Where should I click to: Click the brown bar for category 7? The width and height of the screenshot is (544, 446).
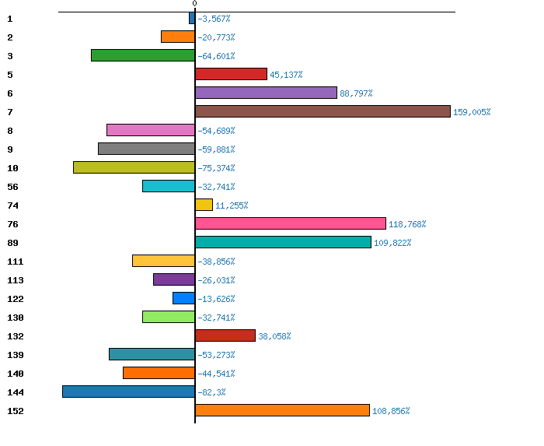tap(323, 111)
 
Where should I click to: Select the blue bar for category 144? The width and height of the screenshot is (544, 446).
tap(128, 392)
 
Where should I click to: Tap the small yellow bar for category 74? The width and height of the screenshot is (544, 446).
tap(204, 205)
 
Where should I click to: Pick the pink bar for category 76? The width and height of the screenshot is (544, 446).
tap(290, 223)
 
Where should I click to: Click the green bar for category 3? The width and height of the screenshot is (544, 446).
tap(143, 55)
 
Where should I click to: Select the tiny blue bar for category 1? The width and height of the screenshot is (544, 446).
tap(192, 18)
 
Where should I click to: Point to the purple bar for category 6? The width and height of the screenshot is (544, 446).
tap(266, 93)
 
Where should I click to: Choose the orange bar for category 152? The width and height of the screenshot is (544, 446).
tap(282, 410)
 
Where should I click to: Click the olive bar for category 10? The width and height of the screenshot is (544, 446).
tap(134, 167)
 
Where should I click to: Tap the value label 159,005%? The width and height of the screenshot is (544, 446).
tap(472, 112)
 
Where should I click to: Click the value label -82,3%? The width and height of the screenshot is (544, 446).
tap(211, 392)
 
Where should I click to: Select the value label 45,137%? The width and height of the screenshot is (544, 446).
tap(286, 75)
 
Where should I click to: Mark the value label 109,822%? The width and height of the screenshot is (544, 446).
tap(392, 243)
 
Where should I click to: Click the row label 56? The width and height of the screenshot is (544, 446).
tap(12, 187)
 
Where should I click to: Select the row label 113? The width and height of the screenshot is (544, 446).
tap(15, 280)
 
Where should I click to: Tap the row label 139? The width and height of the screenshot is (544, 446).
tap(15, 355)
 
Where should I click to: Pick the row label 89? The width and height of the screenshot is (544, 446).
tap(12, 243)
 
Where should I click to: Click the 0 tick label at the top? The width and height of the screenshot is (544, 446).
tap(194, 4)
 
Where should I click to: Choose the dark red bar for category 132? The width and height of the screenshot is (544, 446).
tap(225, 335)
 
